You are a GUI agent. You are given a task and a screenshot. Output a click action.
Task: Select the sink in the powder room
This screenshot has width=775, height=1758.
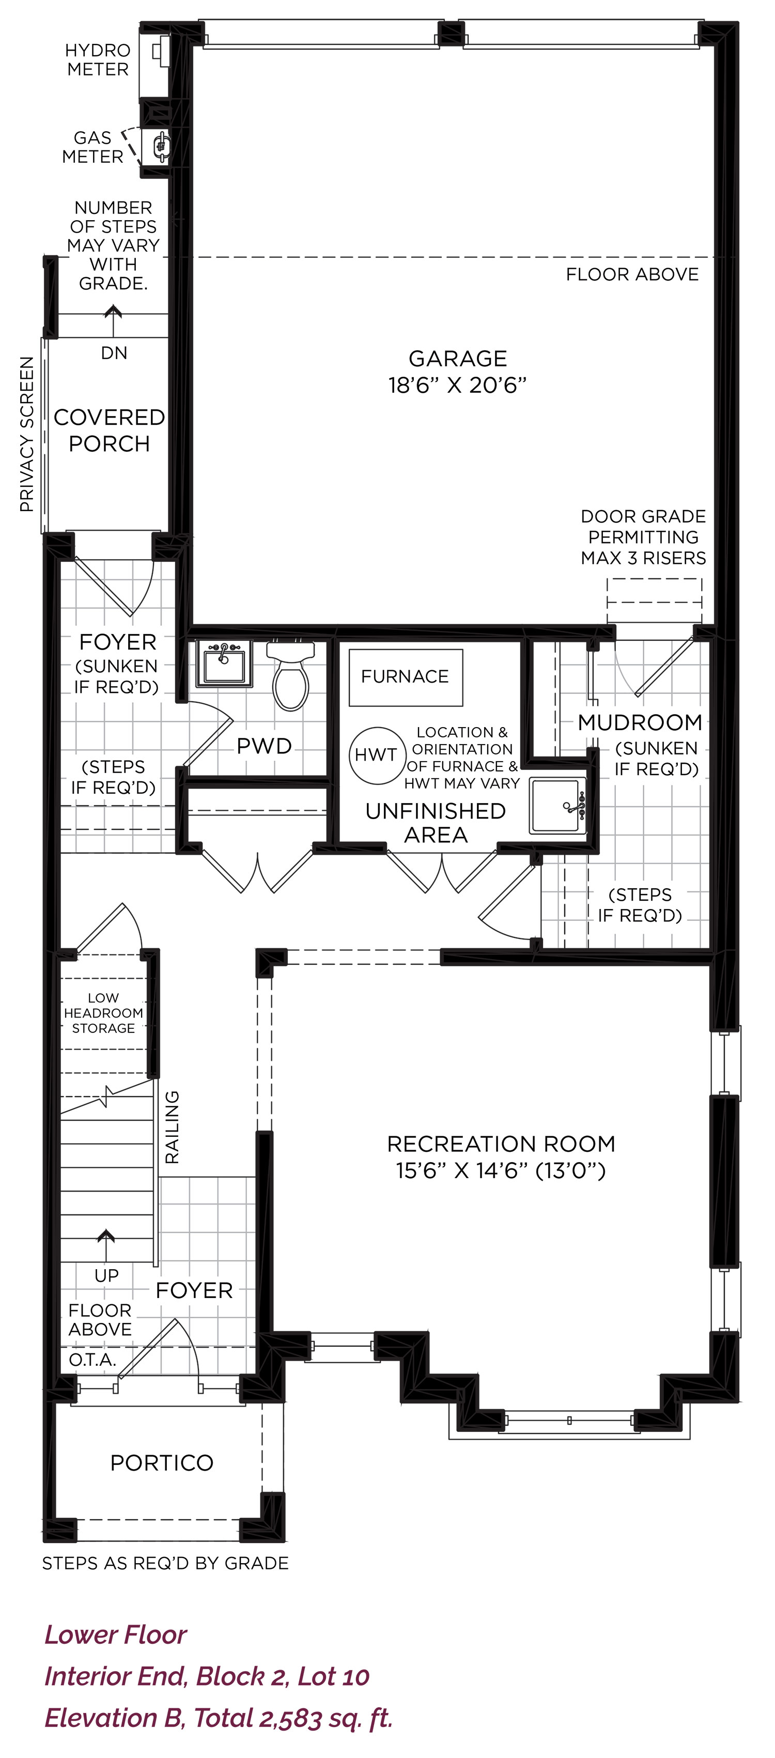(x=224, y=662)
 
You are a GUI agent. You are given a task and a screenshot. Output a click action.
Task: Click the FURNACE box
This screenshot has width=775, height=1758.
(x=405, y=677)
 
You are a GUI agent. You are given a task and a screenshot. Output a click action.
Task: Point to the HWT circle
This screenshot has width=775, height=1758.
(x=376, y=755)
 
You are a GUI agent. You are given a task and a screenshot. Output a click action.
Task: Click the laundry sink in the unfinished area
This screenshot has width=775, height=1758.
(x=558, y=807)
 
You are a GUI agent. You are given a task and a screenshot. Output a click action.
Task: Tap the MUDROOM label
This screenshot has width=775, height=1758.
(x=640, y=722)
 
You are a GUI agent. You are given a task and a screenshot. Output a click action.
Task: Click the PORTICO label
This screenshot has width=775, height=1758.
(x=162, y=1462)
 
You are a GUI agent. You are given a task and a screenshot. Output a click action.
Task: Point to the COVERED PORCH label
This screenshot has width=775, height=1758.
(x=109, y=430)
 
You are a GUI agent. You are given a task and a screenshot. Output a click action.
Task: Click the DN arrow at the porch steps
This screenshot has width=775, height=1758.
(x=113, y=319)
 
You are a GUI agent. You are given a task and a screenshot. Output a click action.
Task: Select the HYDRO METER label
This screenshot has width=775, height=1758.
(x=98, y=59)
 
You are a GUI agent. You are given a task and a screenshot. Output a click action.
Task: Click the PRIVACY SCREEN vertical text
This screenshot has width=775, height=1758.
(x=26, y=434)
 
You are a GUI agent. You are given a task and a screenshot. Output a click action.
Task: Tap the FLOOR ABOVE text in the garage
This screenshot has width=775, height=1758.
(x=632, y=274)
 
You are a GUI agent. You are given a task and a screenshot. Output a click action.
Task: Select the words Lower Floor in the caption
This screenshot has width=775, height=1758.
(x=115, y=1634)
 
